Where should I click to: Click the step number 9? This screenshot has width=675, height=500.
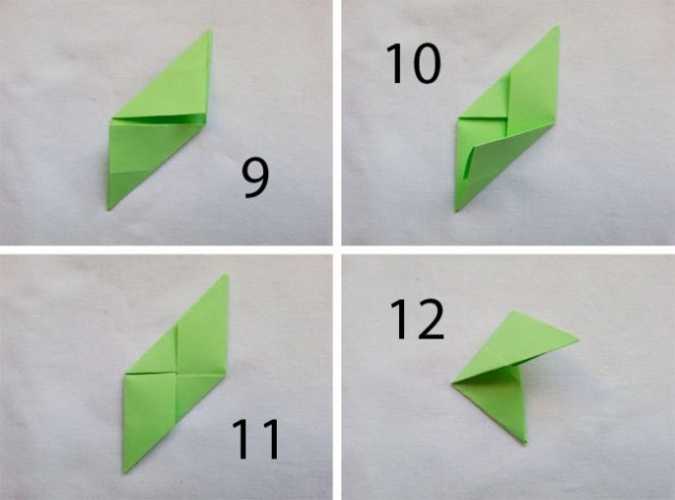(255, 178)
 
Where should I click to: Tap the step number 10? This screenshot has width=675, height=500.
(413, 65)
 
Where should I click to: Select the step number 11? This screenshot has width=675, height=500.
(256, 439)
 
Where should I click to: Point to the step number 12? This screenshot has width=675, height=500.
(417, 320)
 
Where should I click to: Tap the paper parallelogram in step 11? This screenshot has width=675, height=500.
(176, 374)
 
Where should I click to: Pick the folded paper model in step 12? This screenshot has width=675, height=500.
(513, 371)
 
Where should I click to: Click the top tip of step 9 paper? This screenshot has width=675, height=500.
(210, 30)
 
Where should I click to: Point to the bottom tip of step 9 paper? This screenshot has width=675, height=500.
(109, 209)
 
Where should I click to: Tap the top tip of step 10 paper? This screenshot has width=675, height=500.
(558, 26)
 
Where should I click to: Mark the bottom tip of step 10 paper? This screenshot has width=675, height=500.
(457, 211)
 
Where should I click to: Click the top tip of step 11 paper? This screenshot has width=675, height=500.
(226, 275)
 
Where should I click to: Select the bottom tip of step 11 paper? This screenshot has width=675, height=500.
(124, 474)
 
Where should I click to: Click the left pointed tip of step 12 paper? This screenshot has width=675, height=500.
(452, 383)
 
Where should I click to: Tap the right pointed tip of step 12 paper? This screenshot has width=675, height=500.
(578, 340)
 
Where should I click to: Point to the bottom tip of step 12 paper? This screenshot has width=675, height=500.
(525, 442)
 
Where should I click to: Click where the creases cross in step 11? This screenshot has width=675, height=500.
(176, 374)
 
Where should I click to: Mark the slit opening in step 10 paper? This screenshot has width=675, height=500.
(469, 162)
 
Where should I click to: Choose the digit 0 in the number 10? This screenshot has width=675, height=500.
(427, 65)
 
